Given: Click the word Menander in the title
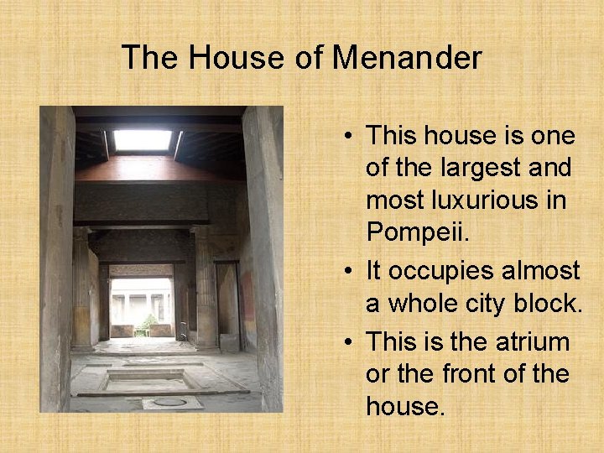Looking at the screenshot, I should coord(407,58).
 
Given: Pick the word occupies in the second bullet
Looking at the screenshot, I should coord(452,271).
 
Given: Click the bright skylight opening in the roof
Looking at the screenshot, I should coord(142,140).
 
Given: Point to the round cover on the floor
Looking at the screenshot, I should coord(169,402).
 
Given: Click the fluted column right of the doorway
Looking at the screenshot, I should coord(205,289).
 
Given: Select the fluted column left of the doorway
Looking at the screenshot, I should coord(81,289).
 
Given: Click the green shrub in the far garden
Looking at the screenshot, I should coord(148,323).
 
